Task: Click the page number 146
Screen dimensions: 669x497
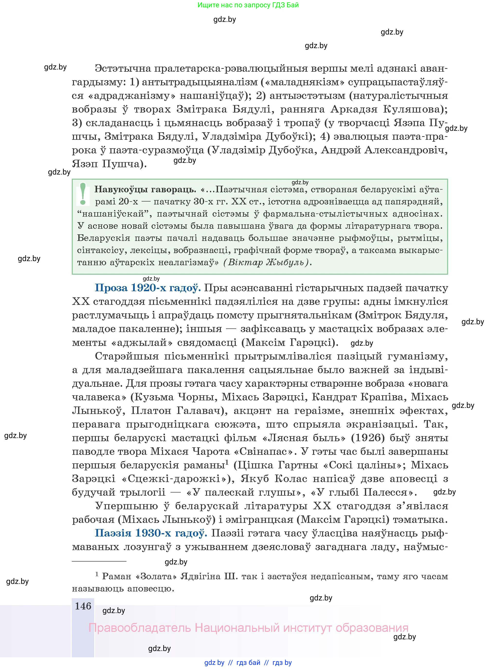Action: (x=83, y=606)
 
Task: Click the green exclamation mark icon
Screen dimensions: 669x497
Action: (x=83, y=194)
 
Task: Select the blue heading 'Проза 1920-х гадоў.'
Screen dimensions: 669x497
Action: (x=148, y=288)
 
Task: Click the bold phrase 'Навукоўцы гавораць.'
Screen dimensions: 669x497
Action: (x=145, y=189)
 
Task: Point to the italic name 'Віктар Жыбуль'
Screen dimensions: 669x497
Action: (x=266, y=263)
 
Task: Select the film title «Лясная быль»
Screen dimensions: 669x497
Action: (x=304, y=438)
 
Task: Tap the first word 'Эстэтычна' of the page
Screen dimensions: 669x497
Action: (x=123, y=69)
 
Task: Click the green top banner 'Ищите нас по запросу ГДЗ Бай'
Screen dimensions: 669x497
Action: (x=248, y=5)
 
